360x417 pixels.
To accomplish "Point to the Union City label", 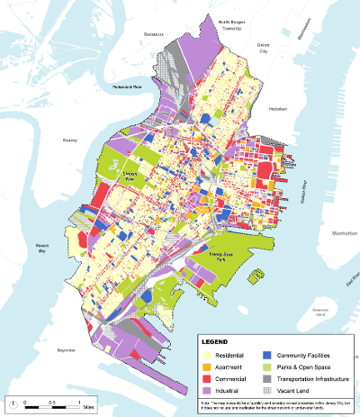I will (x=264, y=46).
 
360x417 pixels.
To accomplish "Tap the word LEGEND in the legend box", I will (x=216, y=343).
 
